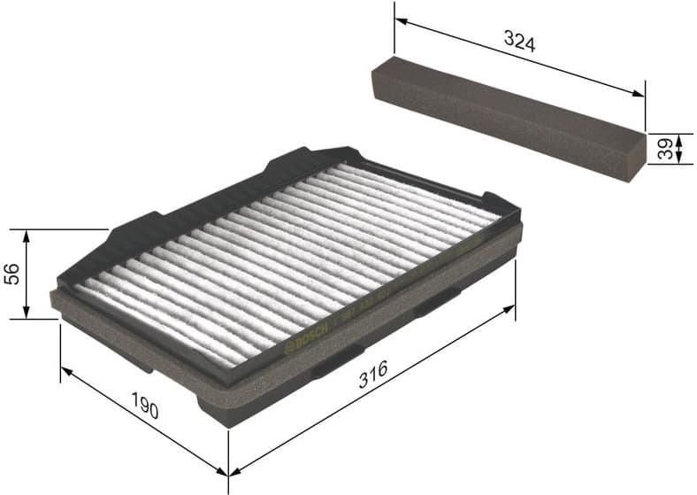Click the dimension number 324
[x=519, y=41]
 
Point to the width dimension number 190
[x=145, y=410]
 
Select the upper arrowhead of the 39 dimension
[x=678, y=138]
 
